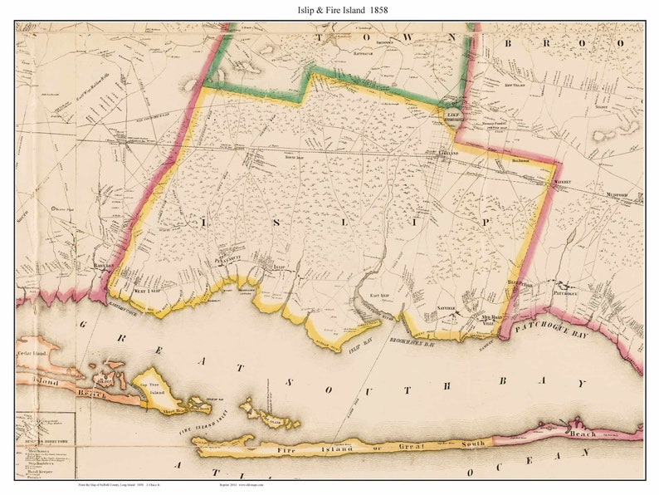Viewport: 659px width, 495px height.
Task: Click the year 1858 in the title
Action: coord(373,10)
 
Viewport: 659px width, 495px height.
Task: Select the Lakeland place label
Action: coord(447,154)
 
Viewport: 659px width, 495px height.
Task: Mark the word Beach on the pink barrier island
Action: coord(581,434)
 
